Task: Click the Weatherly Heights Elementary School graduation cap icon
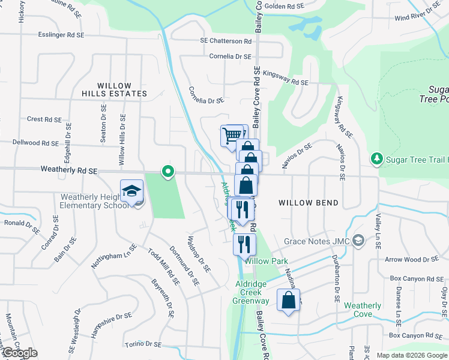(x=132, y=191)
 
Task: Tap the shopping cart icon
(x=232, y=134)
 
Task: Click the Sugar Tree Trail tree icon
(x=376, y=158)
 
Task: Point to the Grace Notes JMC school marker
(x=358, y=241)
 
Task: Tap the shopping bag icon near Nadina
(x=288, y=300)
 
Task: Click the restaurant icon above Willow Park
(x=244, y=244)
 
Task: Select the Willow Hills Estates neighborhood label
(x=114, y=89)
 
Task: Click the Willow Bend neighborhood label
(x=309, y=203)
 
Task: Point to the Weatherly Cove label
(x=363, y=310)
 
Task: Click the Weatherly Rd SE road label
(x=69, y=170)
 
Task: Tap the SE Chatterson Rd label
(x=226, y=41)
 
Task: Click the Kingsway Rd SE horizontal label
(x=286, y=82)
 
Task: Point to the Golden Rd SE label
(x=285, y=7)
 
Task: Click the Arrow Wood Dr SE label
(x=412, y=259)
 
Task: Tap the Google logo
(x=20, y=353)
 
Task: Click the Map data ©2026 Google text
(x=411, y=355)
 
